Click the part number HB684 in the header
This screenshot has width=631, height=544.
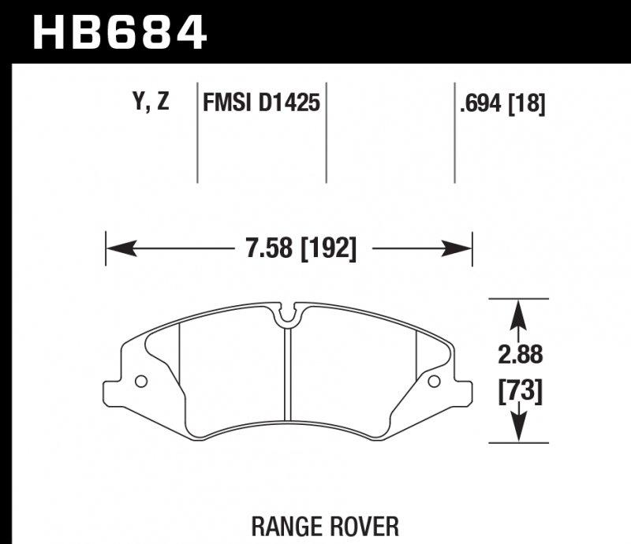click(119, 32)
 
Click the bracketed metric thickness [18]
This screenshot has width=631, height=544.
click(529, 103)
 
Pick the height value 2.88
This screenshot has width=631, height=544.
click(518, 355)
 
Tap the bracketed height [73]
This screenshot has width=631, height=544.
click(518, 391)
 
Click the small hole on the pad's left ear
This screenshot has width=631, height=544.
click(141, 382)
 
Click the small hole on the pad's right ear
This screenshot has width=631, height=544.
click(433, 382)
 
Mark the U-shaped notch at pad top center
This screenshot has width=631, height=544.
click(289, 315)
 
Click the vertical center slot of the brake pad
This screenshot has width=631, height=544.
click(288, 378)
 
